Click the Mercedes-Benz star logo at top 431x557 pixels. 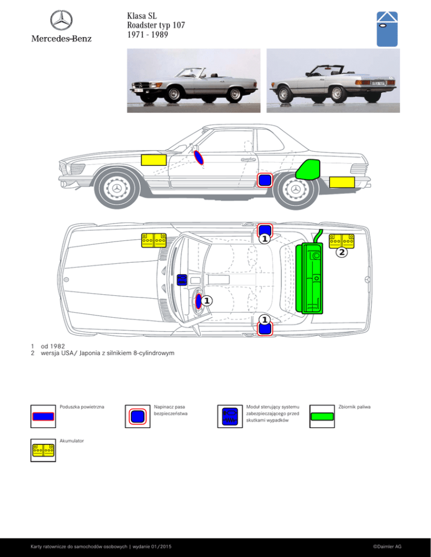pyautogui.click(x=61, y=20)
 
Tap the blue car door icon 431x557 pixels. pyautogui.click(x=387, y=29)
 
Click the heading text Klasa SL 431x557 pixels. pyautogui.click(x=141, y=16)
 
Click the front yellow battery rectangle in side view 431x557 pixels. pyautogui.click(x=154, y=160)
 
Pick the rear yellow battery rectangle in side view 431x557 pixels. pyautogui.click(x=342, y=182)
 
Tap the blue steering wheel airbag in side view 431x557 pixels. pyautogui.click(x=199, y=157)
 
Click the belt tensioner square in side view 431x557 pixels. pyautogui.click(x=265, y=180)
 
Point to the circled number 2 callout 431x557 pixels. pyautogui.click(x=342, y=252)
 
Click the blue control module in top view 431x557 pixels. pyautogui.click(x=182, y=280)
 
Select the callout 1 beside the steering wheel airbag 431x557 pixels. pyautogui.click(x=207, y=301)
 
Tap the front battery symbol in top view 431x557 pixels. pyautogui.click(x=154, y=240)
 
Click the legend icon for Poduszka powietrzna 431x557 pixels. pyautogui.click(x=43, y=416)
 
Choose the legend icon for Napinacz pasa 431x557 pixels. pyautogui.click(x=137, y=416)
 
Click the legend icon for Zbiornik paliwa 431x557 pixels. pyautogui.click(x=322, y=416)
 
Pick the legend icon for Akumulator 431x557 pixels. pyautogui.click(x=43, y=451)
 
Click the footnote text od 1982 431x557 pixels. pyautogui.click(x=53, y=346)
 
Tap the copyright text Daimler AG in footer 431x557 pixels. pyautogui.click(x=387, y=546)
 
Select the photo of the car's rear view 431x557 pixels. pyautogui.click(x=333, y=81)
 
